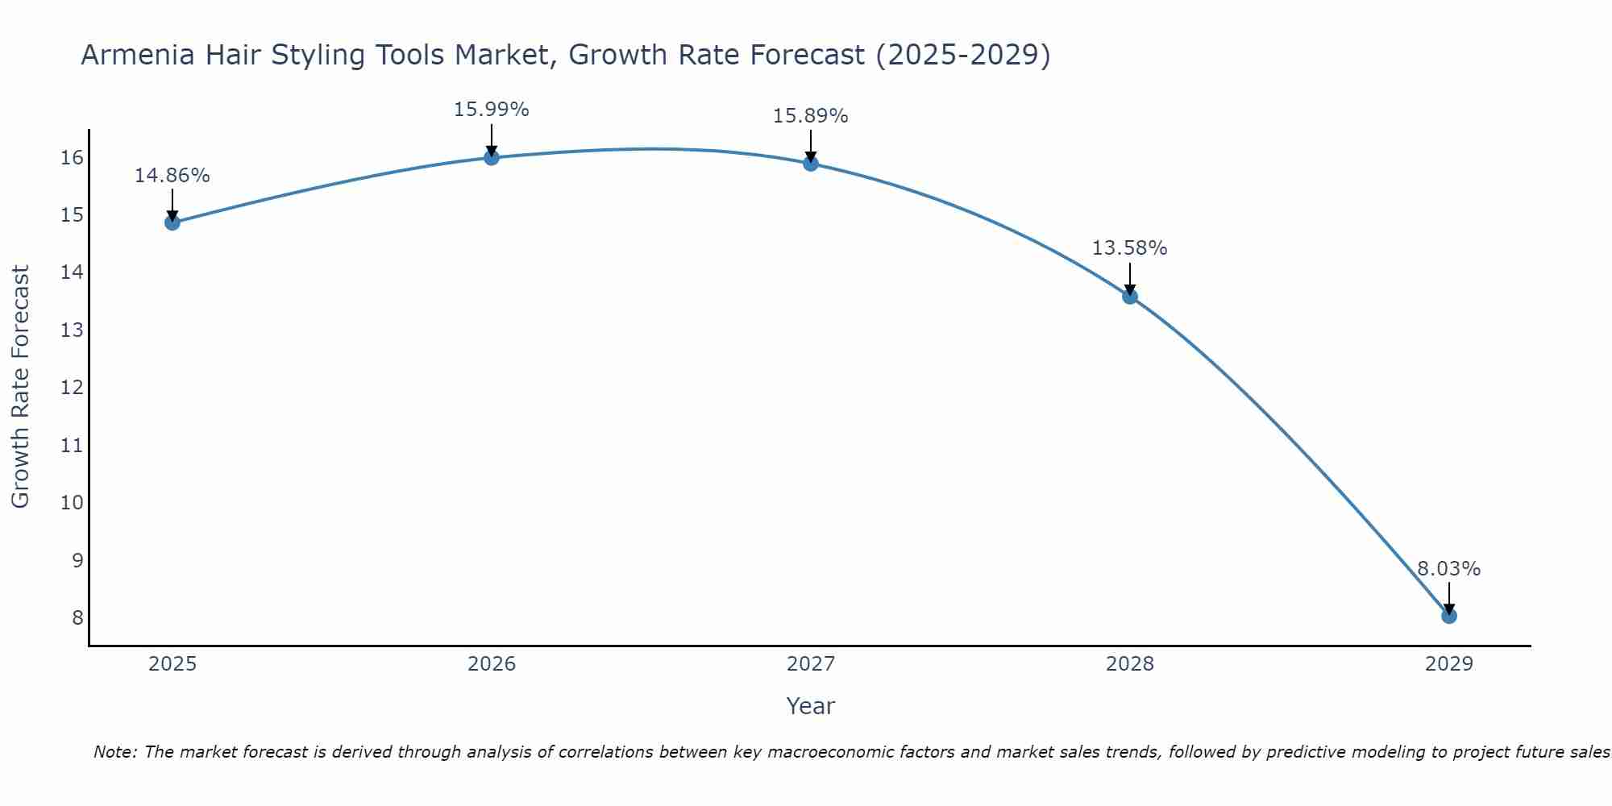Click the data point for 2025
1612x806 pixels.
[x=172, y=222]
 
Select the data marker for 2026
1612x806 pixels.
[x=492, y=157]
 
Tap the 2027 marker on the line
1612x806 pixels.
[x=811, y=164]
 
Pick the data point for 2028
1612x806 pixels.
[x=1130, y=297]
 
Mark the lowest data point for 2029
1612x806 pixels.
[x=1449, y=616]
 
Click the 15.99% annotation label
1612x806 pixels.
[x=491, y=110]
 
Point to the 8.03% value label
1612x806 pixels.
[x=1448, y=569]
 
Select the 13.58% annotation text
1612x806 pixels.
[x=1129, y=248]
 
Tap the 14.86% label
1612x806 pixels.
[x=172, y=176]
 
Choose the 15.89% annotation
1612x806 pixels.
[x=810, y=116]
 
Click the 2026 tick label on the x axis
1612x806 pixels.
[x=492, y=664]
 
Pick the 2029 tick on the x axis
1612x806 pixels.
[x=1449, y=664]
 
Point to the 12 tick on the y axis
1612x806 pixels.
[x=73, y=388]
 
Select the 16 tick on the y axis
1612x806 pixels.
[x=73, y=158]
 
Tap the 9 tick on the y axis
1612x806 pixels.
[x=77, y=560]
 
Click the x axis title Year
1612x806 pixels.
[x=810, y=706]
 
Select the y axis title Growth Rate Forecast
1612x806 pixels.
[x=20, y=386]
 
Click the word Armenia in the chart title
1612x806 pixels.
[x=137, y=55]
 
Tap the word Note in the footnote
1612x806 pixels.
[x=115, y=752]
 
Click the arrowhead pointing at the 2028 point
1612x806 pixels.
[x=1130, y=290]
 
